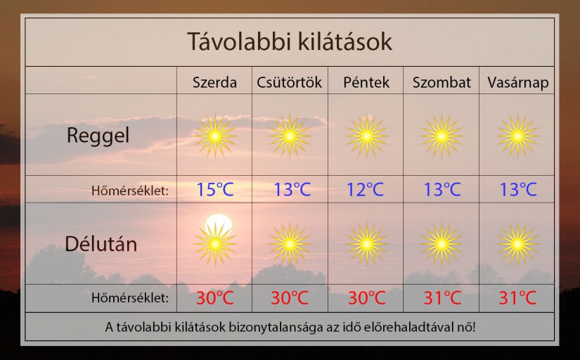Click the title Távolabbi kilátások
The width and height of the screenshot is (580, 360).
click(289, 41)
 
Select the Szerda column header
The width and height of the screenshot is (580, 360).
click(214, 82)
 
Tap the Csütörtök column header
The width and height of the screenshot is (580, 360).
click(289, 82)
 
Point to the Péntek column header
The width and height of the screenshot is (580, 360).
click(366, 82)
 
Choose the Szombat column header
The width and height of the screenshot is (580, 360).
click(442, 82)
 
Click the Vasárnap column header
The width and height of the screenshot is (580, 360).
click(518, 83)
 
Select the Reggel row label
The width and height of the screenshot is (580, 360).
click(98, 136)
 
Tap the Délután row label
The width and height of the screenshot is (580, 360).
click(101, 244)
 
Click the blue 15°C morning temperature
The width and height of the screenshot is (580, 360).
click(215, 189)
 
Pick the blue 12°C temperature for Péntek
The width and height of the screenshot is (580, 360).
click(365, 189)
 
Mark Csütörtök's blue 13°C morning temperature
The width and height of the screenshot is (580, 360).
click(292, 189)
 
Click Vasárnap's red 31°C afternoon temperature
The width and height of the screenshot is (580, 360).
click(517, 297)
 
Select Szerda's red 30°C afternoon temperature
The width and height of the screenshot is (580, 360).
click(215, 297)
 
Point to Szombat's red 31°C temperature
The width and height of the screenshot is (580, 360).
click(442, 297)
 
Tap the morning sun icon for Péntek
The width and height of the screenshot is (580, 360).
click(366, 136)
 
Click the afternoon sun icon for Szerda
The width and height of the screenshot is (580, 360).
click(215, 244)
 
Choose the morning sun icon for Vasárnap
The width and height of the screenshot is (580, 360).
click(517, 136)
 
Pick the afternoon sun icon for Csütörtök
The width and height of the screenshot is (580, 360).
click(289, 244)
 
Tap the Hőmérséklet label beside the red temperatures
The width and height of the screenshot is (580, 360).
click(130, 297)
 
